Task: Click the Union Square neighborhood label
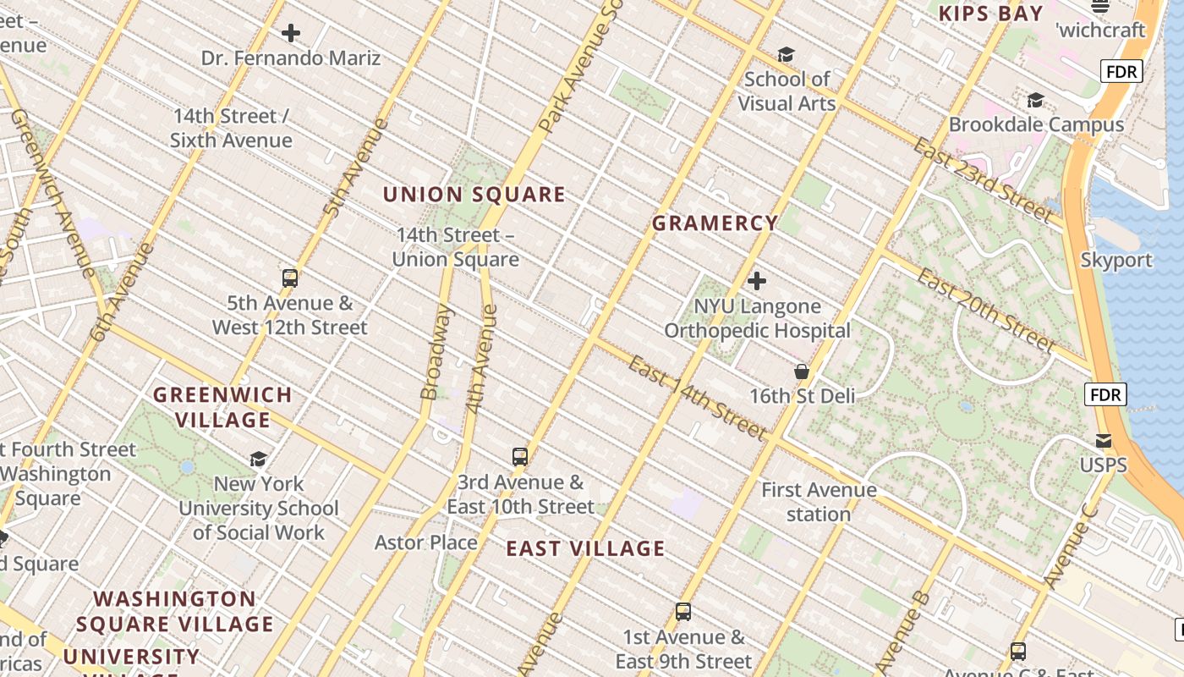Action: [x=474, y=195]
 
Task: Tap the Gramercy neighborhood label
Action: [x=715, y=223]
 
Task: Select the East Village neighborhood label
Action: [x=585, y=548]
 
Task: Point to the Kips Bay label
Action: [x=990, y=13]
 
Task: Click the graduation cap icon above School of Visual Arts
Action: [x=786, y=55]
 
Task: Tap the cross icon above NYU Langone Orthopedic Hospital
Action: [x=757, y=280]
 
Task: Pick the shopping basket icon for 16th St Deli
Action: [x=802, y=372]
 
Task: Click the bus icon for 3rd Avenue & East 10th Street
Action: [x=520, y=457]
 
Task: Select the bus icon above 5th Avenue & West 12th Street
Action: [x=290, y=278]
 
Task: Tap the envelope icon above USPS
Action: [x=1104, y=440]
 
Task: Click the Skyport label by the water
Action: [x=1116, y=260]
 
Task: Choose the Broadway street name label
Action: [x=436, y=351]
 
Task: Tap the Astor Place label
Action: [x=426, y=542]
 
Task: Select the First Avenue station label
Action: [x=819, y=502]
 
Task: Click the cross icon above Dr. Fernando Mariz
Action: [x=291, y=33]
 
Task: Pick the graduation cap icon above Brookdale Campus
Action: [x=1035, y=101]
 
